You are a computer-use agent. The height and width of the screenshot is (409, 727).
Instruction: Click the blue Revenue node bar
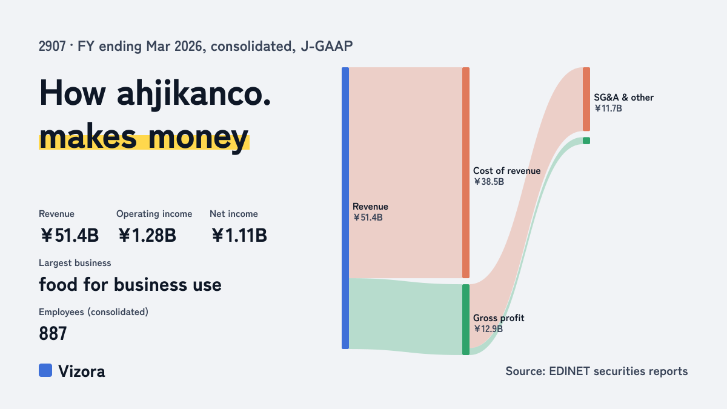[x=345, y=208]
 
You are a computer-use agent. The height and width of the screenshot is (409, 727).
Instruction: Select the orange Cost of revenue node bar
[x=466, y=173]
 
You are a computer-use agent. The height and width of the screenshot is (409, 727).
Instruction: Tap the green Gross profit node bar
[x=466, y=320]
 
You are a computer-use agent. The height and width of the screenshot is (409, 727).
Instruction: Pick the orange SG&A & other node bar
[x=586, y=99]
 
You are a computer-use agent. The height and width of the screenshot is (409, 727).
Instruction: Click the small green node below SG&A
[x=586, y=141]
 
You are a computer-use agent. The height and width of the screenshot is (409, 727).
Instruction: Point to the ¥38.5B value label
[x=489, y=182]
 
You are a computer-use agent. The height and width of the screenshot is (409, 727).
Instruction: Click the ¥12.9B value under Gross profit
[x=488, y=329]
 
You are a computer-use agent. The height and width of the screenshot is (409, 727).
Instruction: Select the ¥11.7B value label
[x=608, y=108]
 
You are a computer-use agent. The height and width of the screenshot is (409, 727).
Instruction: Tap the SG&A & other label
[x=624, y=98]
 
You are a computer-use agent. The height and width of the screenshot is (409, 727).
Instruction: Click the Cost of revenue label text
[x=506, y=171]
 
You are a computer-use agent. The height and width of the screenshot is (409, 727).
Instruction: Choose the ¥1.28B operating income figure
[x=147, y=235]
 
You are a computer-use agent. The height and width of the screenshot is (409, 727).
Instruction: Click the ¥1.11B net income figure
[x=239, y=235]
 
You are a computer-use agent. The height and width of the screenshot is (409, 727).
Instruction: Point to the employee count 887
[x=53, y=333]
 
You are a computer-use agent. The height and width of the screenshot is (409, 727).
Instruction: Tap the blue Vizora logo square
[x=45, y=370]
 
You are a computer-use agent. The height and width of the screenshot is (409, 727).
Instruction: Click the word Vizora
[x=82, y=371]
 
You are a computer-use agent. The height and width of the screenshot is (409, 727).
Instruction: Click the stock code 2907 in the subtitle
[x=52, y=46]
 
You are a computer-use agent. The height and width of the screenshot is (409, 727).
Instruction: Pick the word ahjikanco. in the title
[x=194, y=93]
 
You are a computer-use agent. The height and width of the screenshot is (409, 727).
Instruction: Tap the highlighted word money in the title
[x=198, y=138]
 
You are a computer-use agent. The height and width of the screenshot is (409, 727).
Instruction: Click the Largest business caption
[x=75, y=263]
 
